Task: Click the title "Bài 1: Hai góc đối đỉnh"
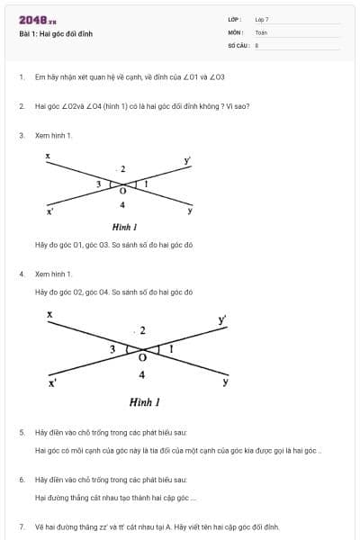pos(56,34)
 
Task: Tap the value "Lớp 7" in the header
pos(262,19)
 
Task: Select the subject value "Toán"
pos(261,31)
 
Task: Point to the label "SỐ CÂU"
pos(237,44)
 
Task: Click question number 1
pos(21,77)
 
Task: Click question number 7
pos(21,526)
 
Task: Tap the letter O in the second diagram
pos(141,357)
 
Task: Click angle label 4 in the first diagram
pos(122,205)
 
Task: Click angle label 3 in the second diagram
pos(112,348)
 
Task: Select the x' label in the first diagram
pos(50,212)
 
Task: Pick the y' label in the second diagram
pos(222,319)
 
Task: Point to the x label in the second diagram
pos(49,314)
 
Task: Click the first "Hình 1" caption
pos(124,229)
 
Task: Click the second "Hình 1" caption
pos(144,401)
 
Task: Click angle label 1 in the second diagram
pos(171,347)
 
